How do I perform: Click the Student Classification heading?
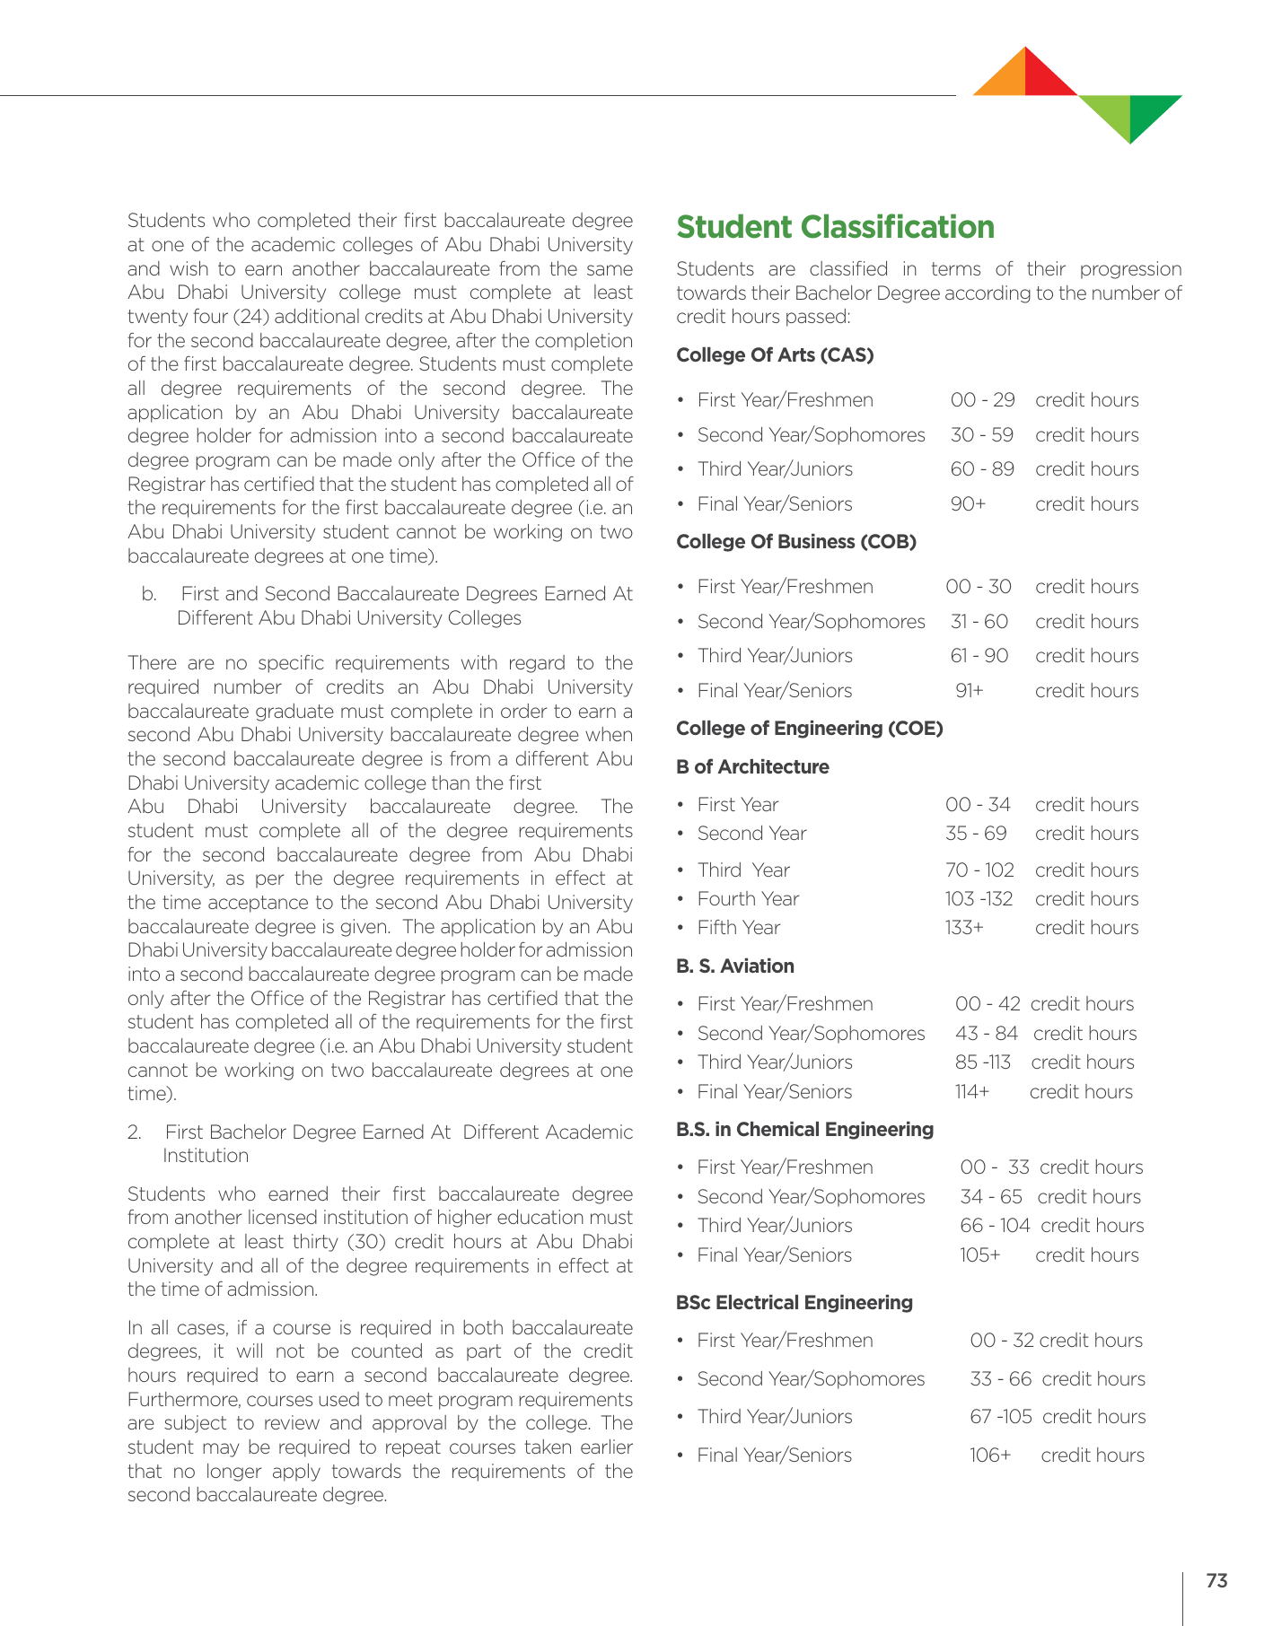click(x=835, y=227)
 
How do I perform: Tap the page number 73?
click(x=1216, y=1580)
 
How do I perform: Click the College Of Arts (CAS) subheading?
click(x=775, y=355)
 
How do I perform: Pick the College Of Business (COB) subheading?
click(x=795, y=542)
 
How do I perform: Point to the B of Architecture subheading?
click(x=752, y=767)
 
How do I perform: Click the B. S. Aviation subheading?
click(x=734, y=966)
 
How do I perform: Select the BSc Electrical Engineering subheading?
click(x=794, y=1303)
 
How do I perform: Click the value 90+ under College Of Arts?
click(x=968, y=504)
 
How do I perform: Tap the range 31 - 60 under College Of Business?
click(x=979, y=622)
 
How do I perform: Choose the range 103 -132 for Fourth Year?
click(x=979, y=899)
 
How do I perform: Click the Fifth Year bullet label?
click(x=738, y=928)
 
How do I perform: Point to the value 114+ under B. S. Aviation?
click(x=971, y=1092)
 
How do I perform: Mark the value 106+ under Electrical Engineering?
click(x=989, y=1456)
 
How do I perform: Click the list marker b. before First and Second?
click(x=149, y=594)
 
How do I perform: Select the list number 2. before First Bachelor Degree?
click(x=135, y=1132)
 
